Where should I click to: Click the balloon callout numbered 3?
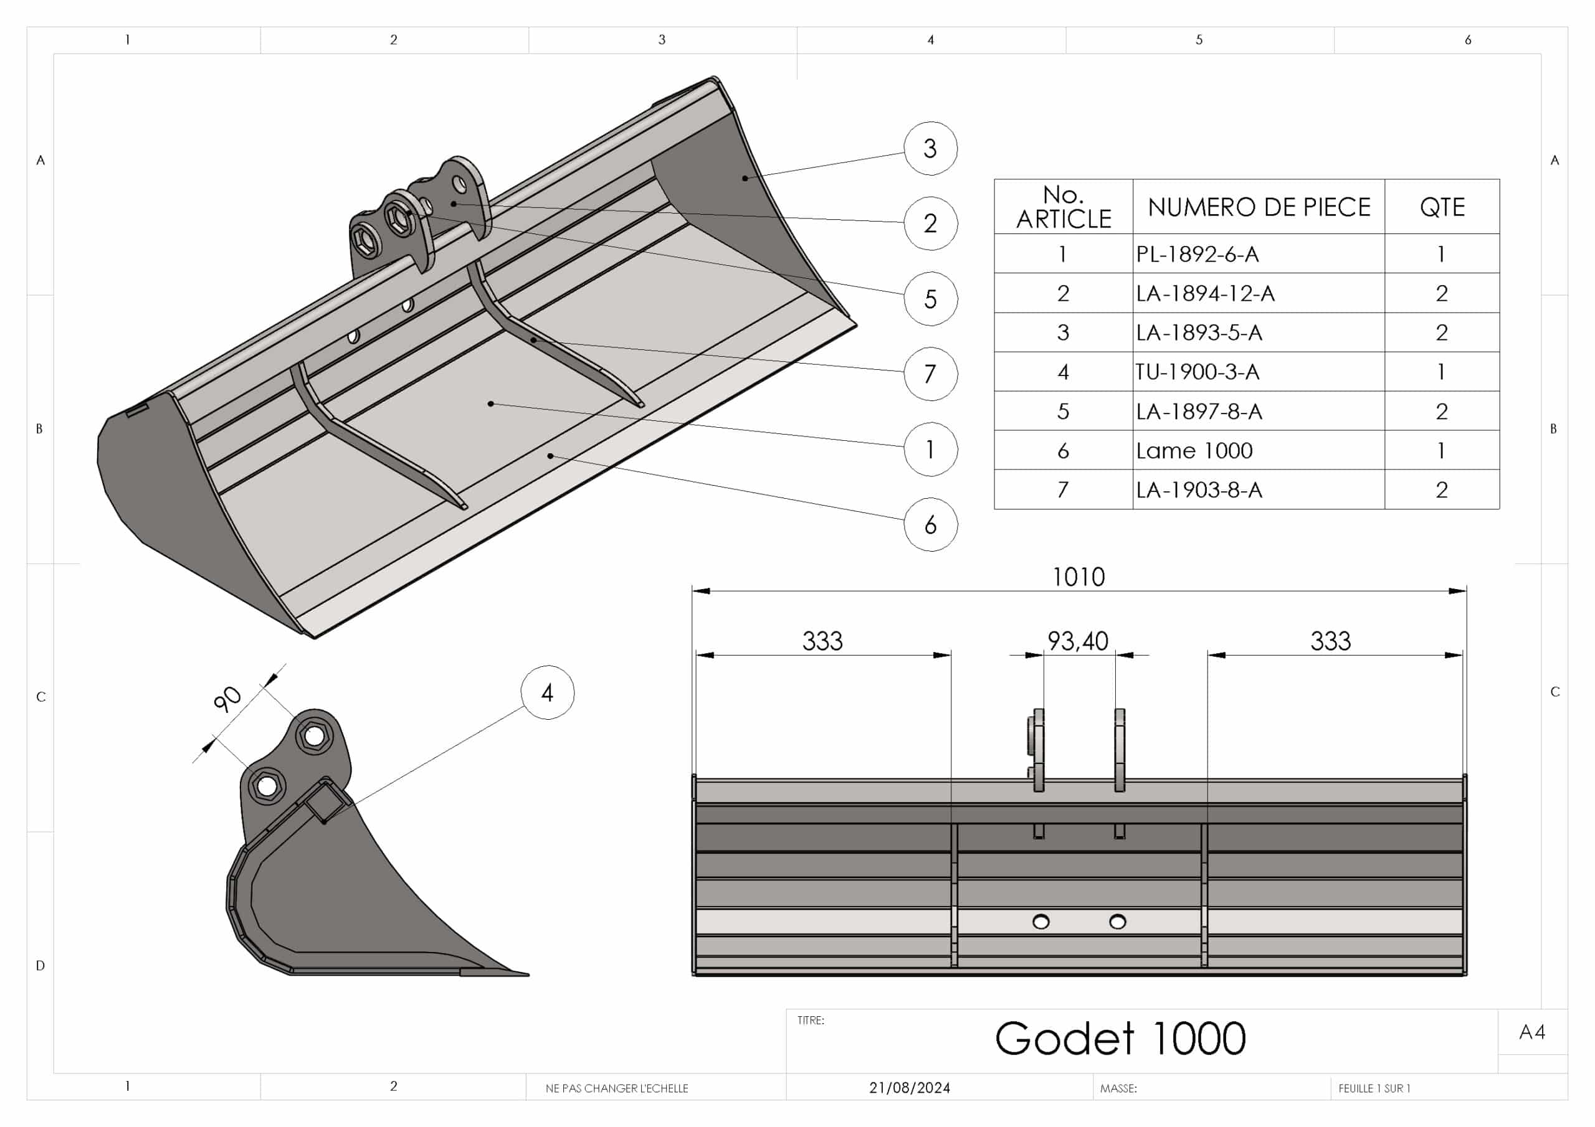tap(930, 148)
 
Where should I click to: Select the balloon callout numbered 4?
tap(548, 692)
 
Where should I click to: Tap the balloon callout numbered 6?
tap(930, 524)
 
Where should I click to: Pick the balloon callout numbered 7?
tap(930, 374)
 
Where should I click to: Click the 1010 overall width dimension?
tap(1078, 577)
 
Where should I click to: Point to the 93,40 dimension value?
tap(1077, 641)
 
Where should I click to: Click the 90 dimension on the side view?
tap(227, 699)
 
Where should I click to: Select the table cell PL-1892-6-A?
tap(1197, 254)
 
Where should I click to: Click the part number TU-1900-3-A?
tap(1197, 372)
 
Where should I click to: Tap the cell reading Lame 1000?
tap(1194, 451)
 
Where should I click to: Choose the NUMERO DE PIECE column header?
tap(1259, 207)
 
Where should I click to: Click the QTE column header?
tap(1442, 207)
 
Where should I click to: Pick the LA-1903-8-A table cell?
tap(1199, 490)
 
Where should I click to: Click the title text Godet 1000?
tap(1120, 1039)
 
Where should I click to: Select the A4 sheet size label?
tap(1532, 1032)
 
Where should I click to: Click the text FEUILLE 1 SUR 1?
tap(1374, 1089)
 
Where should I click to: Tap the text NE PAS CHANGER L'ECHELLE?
tap(617, 1089)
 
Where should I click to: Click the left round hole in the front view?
tap(1040, 922)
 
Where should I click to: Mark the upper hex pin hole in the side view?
tap(315, 735)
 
